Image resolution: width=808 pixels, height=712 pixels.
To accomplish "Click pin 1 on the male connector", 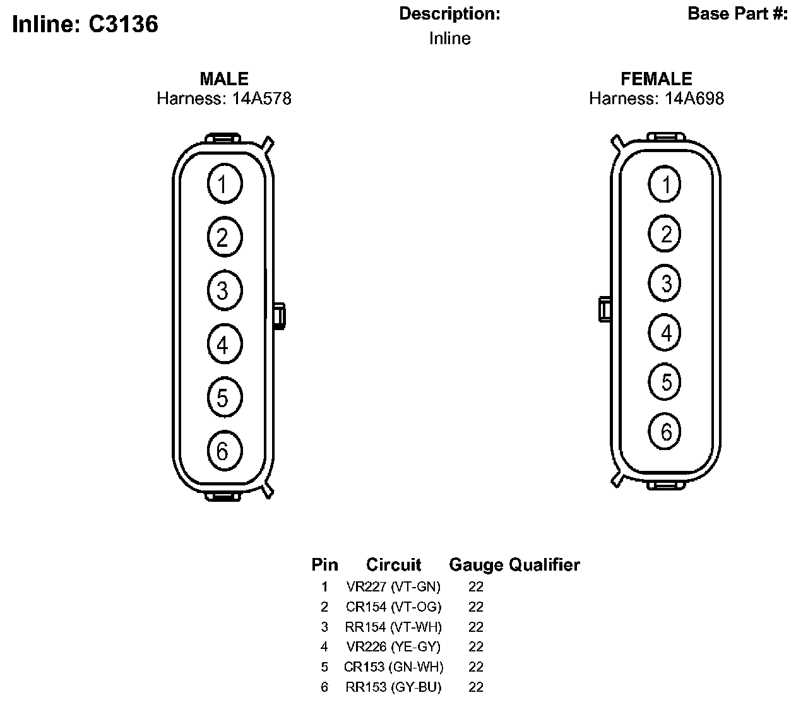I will [x=224, y=184].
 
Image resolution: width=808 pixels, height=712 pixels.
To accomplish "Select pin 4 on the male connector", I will [x=224, y=344].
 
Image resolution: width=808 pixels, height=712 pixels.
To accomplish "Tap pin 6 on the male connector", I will [x=224, y=451].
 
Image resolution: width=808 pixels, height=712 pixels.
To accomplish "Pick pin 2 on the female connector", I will [x=665, y=234].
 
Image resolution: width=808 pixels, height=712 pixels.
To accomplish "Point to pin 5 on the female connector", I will [x=665, y=382].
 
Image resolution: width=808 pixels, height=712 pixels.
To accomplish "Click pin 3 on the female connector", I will [x=665, y=283].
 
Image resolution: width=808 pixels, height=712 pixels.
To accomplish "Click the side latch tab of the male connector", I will [x=279, y=316].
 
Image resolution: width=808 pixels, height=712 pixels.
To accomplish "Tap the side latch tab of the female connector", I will [x=604, y=309].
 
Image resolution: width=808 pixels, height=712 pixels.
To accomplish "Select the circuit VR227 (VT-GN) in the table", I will [x=393, y=586].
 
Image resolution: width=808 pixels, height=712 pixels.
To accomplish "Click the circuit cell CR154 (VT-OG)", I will [x=393, y=607].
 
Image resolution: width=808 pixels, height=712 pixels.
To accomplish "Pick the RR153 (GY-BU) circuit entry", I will [x=393, y=687].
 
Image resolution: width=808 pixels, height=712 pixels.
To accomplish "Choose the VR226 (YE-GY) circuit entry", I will [x=393, y=646].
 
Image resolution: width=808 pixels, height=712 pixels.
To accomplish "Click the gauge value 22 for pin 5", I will [x=476, y=667].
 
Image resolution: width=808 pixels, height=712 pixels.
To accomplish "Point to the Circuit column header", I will [x=393, y=564].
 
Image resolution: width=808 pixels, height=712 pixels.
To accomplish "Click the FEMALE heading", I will [x=656, y=79].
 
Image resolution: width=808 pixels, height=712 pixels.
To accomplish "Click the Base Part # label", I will [x=737, y=14].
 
